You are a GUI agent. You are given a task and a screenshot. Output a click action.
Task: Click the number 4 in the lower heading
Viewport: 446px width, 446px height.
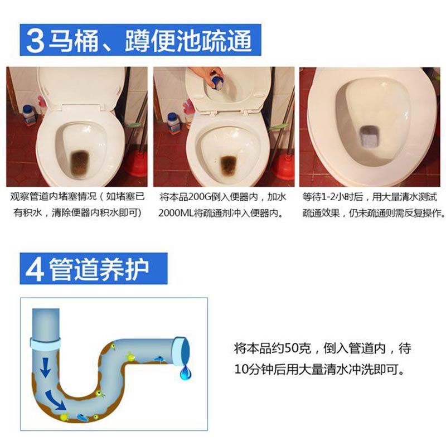(x=35, y=269)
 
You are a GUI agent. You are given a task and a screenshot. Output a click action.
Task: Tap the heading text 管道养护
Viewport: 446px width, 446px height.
(x=99, y=269)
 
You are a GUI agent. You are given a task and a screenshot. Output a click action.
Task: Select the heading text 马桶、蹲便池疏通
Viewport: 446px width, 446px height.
(x=150, y=41)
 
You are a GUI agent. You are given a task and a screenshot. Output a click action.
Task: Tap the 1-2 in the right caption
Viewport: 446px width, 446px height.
(x=331, y=197)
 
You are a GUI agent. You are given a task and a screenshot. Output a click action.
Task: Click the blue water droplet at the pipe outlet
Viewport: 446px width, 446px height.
(x=185, y=372)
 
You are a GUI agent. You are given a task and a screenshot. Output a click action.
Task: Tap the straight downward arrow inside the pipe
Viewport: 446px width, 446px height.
(x=45, y=367)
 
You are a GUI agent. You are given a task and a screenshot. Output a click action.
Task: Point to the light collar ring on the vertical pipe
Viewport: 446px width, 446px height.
(x=46, y=343)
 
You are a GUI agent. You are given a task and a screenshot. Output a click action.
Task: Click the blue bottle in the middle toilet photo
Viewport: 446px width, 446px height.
(x=173, y=123)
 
